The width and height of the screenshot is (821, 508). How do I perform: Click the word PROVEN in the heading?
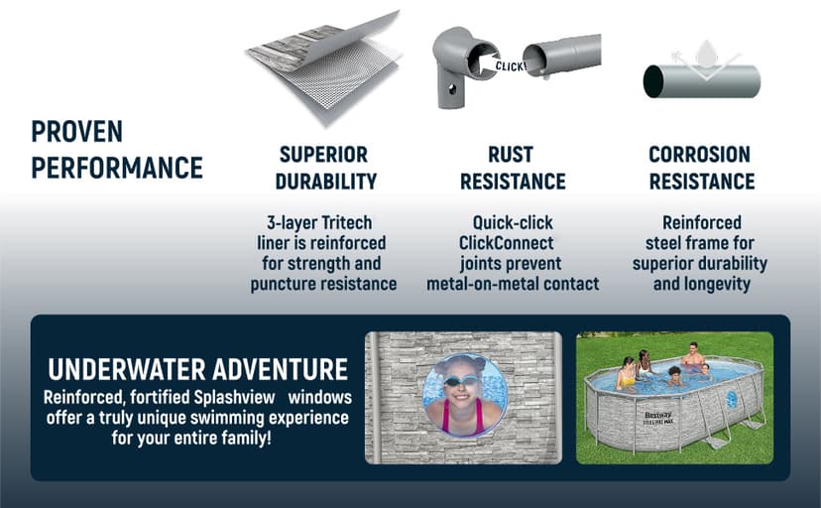coord(77,131)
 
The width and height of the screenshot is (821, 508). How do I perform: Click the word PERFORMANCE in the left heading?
coord(117,168)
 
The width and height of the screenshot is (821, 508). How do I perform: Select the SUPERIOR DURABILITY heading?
coord(325,168)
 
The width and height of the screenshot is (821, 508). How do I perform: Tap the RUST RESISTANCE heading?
coord(513,168)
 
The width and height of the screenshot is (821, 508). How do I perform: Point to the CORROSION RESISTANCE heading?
coord(702,168)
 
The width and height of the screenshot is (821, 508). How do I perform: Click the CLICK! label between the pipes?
coord(511,66)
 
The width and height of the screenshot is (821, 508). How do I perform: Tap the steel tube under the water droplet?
coord(702,81)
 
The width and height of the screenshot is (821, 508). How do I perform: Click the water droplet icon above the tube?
coord(706,54)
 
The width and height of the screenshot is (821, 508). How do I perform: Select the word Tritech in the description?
coord(346,222)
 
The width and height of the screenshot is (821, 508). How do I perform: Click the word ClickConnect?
coord(506,243)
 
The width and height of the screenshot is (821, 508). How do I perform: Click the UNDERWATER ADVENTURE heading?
coord(198,369)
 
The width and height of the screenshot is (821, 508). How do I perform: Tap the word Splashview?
coord(234,397)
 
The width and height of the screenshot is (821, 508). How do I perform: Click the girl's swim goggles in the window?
coord(461,380)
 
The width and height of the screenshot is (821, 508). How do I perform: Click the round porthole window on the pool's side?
coord(732,400)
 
